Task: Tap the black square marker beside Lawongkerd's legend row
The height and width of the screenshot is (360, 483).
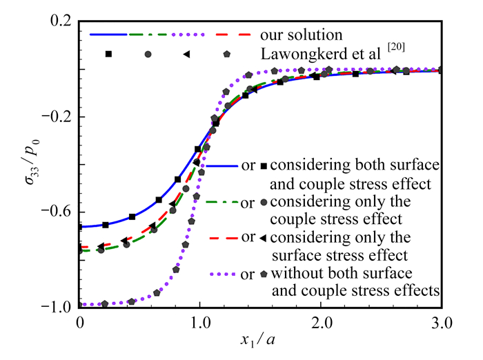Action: point(108,54)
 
